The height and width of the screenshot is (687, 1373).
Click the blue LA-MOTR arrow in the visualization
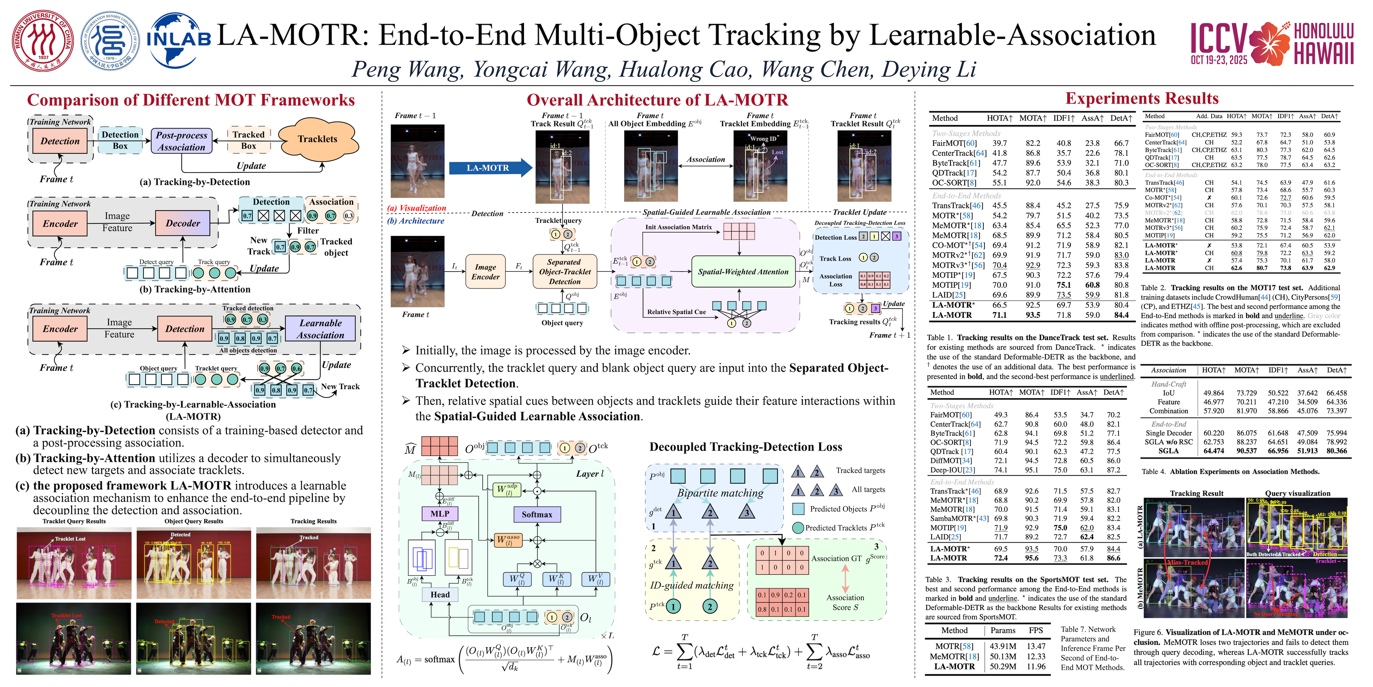[x=489, y=168]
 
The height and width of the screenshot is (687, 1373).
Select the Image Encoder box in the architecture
[x=485, y=272]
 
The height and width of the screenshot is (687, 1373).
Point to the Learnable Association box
[x=320, y=329]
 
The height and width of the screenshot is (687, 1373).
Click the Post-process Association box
[x=181, y=141]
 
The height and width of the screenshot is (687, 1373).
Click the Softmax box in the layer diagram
[x=537, y=514]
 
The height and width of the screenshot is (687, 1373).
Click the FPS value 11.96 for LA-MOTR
[x=1036, y=666]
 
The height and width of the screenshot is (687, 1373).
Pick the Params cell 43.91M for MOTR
[x=1003, y=646]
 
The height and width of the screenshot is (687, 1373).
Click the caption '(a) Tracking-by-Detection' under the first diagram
[x=194, y=182]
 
